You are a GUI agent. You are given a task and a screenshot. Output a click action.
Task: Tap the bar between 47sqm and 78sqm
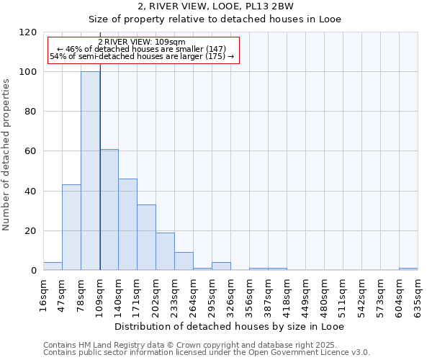coord(71,228)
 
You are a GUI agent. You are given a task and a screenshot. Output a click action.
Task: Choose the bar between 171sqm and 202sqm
coord(146,238)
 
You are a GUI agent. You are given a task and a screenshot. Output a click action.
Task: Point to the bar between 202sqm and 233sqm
coord(165,251)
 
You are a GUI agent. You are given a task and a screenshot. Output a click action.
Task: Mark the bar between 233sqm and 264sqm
coord(184,261)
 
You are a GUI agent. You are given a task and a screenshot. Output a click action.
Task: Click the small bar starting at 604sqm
coord(408,269)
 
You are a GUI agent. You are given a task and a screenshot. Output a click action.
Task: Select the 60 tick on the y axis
coord(31,151)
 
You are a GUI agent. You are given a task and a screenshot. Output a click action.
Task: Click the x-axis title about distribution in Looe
coord(230,327)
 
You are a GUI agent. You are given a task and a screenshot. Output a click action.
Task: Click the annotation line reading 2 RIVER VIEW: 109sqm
coord(142,42)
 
